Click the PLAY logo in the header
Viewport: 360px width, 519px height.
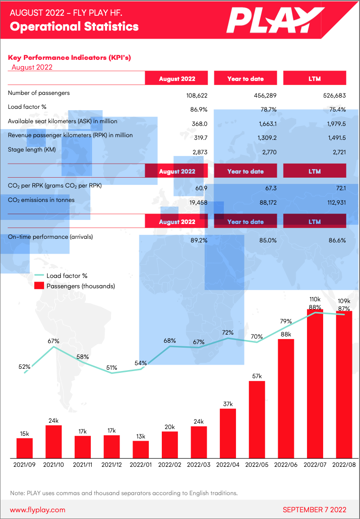pyautogui.click(x=270, y=21)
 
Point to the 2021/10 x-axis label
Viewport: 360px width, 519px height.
pyautogui.click(x=53, y=465)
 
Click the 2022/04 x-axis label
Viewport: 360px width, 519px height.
pyautogui.click(x=228, y=465)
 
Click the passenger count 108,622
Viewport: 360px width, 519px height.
pyautogui.click(x=196, y=95)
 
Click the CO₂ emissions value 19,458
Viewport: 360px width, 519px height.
pyautogui.click(x=198, y=203)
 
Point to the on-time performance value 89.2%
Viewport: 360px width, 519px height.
pyautogui.click(x=199, y=240)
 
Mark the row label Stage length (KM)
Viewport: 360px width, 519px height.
pyautogui.click(x=32, y=150)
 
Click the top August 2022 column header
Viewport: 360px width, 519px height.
pyautogui.click(x=177, y=79)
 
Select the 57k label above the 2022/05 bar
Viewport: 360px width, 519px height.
pyautogui.click(x=257, y=376)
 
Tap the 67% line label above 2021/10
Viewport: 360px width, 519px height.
pyautogui.click(x=53, y=341)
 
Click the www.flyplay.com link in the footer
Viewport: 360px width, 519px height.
pyautogui.click(x=38, y=510)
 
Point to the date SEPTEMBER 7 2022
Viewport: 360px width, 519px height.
pyautogui.click(x=314, y=510)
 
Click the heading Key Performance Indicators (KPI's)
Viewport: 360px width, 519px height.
pyautogui.click(x=69, y=58)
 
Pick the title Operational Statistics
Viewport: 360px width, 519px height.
pyautogui.click(x=74, y=27)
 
